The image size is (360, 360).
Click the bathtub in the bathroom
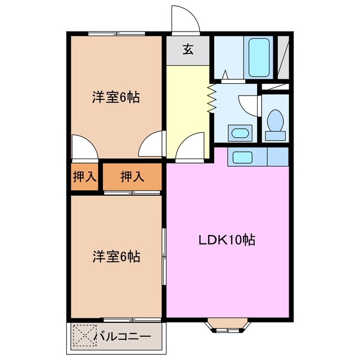tap(259, 56)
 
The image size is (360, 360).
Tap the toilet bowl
tap(276, 123)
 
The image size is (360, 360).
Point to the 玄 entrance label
tap(188, 50)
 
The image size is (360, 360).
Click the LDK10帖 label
tap(227, 240)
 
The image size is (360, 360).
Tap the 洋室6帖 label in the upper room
tap(116, 97)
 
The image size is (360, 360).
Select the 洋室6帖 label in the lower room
tap(116, 257)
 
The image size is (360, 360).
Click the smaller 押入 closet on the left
tap(85, 177)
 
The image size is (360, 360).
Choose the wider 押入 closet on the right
tap(133, 177)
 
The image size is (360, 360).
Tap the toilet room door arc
tap(248, 105)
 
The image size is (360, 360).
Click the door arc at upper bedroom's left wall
tap(85, 147)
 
